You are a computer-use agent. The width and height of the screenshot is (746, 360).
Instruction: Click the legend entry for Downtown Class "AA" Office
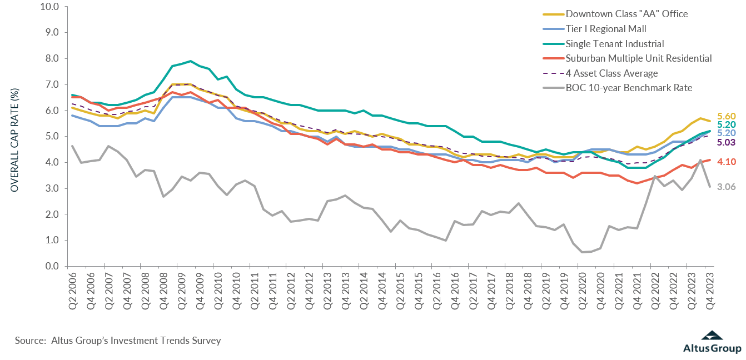pos(626,14)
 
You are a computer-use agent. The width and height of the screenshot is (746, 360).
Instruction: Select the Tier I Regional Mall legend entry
pos(609,29)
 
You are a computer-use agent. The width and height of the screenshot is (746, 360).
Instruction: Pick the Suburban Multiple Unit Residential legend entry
pos(639,58)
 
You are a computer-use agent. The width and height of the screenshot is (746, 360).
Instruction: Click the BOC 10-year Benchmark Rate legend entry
pos(629,88)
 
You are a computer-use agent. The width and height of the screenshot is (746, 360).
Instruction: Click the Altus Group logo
pos(712,342)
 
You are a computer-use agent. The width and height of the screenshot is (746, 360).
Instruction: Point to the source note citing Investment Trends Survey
pos(118,341)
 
